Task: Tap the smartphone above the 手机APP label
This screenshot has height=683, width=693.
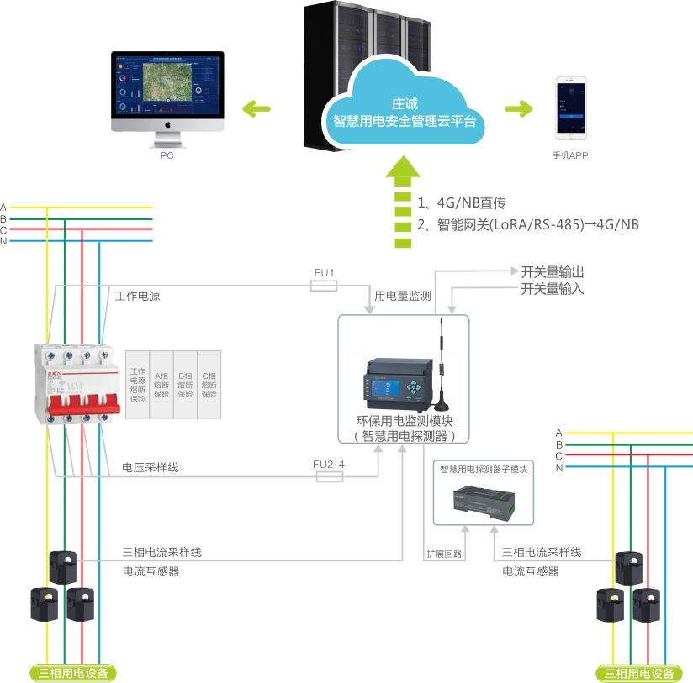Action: pyautogui.click(x=569, y=110)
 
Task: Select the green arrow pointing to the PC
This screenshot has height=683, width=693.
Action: pyautogui.click(x=257, y=108)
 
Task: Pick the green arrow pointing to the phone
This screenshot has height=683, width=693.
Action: pyautogui.click(x=518, y=108)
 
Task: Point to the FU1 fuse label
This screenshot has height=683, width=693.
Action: pyautogui.click(x=324, y=273)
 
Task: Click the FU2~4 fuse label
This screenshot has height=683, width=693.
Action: pyautogui.click(x=329, y=465)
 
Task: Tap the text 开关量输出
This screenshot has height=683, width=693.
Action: pyautogui.click(x=553, y=273)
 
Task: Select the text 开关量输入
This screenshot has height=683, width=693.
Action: pyautogui.click(x=553, y=290)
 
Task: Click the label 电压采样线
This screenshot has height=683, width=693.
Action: pyautogui.click(x=150, y=467)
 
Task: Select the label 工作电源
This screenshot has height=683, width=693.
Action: pyautogui.click(x=138, y=297)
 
